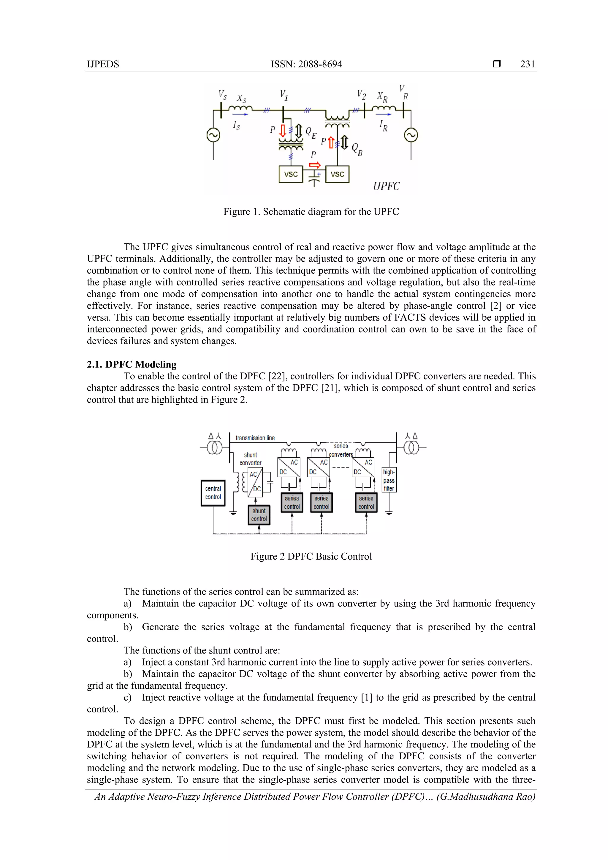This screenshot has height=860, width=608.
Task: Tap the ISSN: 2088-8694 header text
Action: pos(306,64)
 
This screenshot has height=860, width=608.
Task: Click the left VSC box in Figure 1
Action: pos(291,174)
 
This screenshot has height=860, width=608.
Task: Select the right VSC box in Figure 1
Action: pos(337,174)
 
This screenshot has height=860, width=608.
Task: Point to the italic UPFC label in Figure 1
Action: pos(386,186)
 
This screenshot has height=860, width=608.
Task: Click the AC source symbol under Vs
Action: pos(213,135)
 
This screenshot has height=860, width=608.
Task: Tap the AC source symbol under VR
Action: pos(411,135)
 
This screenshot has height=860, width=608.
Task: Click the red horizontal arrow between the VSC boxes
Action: pos(315,165)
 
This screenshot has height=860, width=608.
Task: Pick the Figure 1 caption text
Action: pos(311,212)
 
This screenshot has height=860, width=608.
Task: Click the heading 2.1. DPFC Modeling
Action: pos(132,365)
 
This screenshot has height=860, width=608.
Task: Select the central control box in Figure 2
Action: pos(213,493)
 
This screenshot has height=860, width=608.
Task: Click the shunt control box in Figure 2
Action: pos(259,515)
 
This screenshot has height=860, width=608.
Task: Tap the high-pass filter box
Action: pos(389,480)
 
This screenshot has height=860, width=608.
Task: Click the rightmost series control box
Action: pos(366,503)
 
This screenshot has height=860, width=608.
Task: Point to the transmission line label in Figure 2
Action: pos(255,438)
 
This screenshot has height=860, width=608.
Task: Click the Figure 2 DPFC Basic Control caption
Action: pos(311,556)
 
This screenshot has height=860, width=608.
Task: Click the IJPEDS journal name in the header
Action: pos(103,64)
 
